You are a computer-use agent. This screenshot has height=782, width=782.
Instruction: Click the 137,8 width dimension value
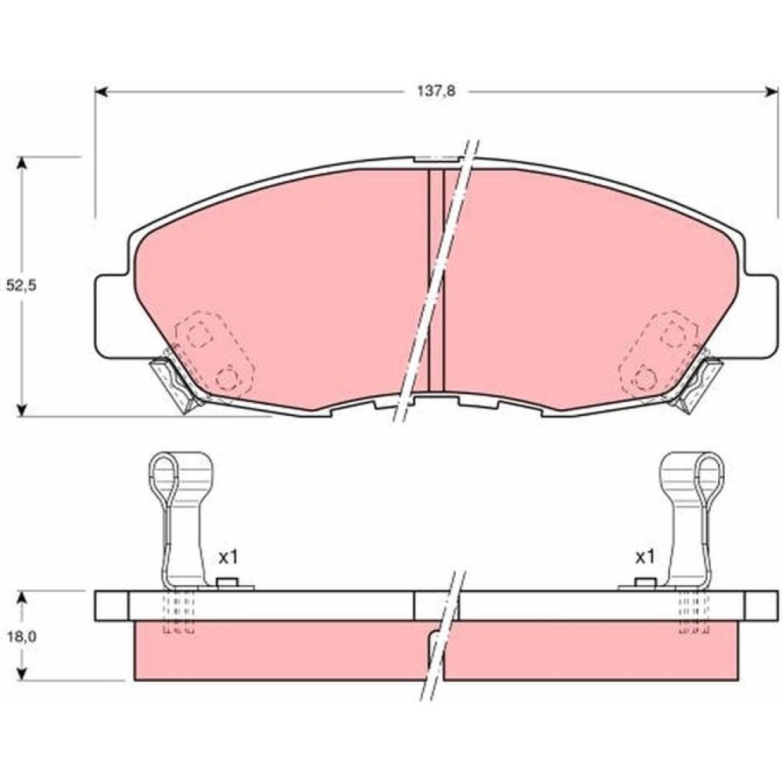click(x=436, y=91)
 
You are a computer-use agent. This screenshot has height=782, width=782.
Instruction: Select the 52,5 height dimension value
click(x=21, y=285)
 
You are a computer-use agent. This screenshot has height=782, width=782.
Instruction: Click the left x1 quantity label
click(x=228, y=557)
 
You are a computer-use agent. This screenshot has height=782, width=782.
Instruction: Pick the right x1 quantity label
click(x=644, y=557)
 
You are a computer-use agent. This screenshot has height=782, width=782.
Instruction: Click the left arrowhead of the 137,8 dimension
click(x=101, y=91)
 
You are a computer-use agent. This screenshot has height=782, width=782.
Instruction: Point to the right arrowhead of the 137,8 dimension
click(x=772, y=91)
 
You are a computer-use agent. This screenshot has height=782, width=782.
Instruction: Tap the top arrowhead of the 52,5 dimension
click(x=21, y=163)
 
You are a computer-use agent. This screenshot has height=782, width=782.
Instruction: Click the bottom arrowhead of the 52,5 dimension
click(x=21, y=409)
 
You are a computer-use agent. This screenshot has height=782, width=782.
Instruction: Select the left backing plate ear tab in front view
click(x=112, y=317)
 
